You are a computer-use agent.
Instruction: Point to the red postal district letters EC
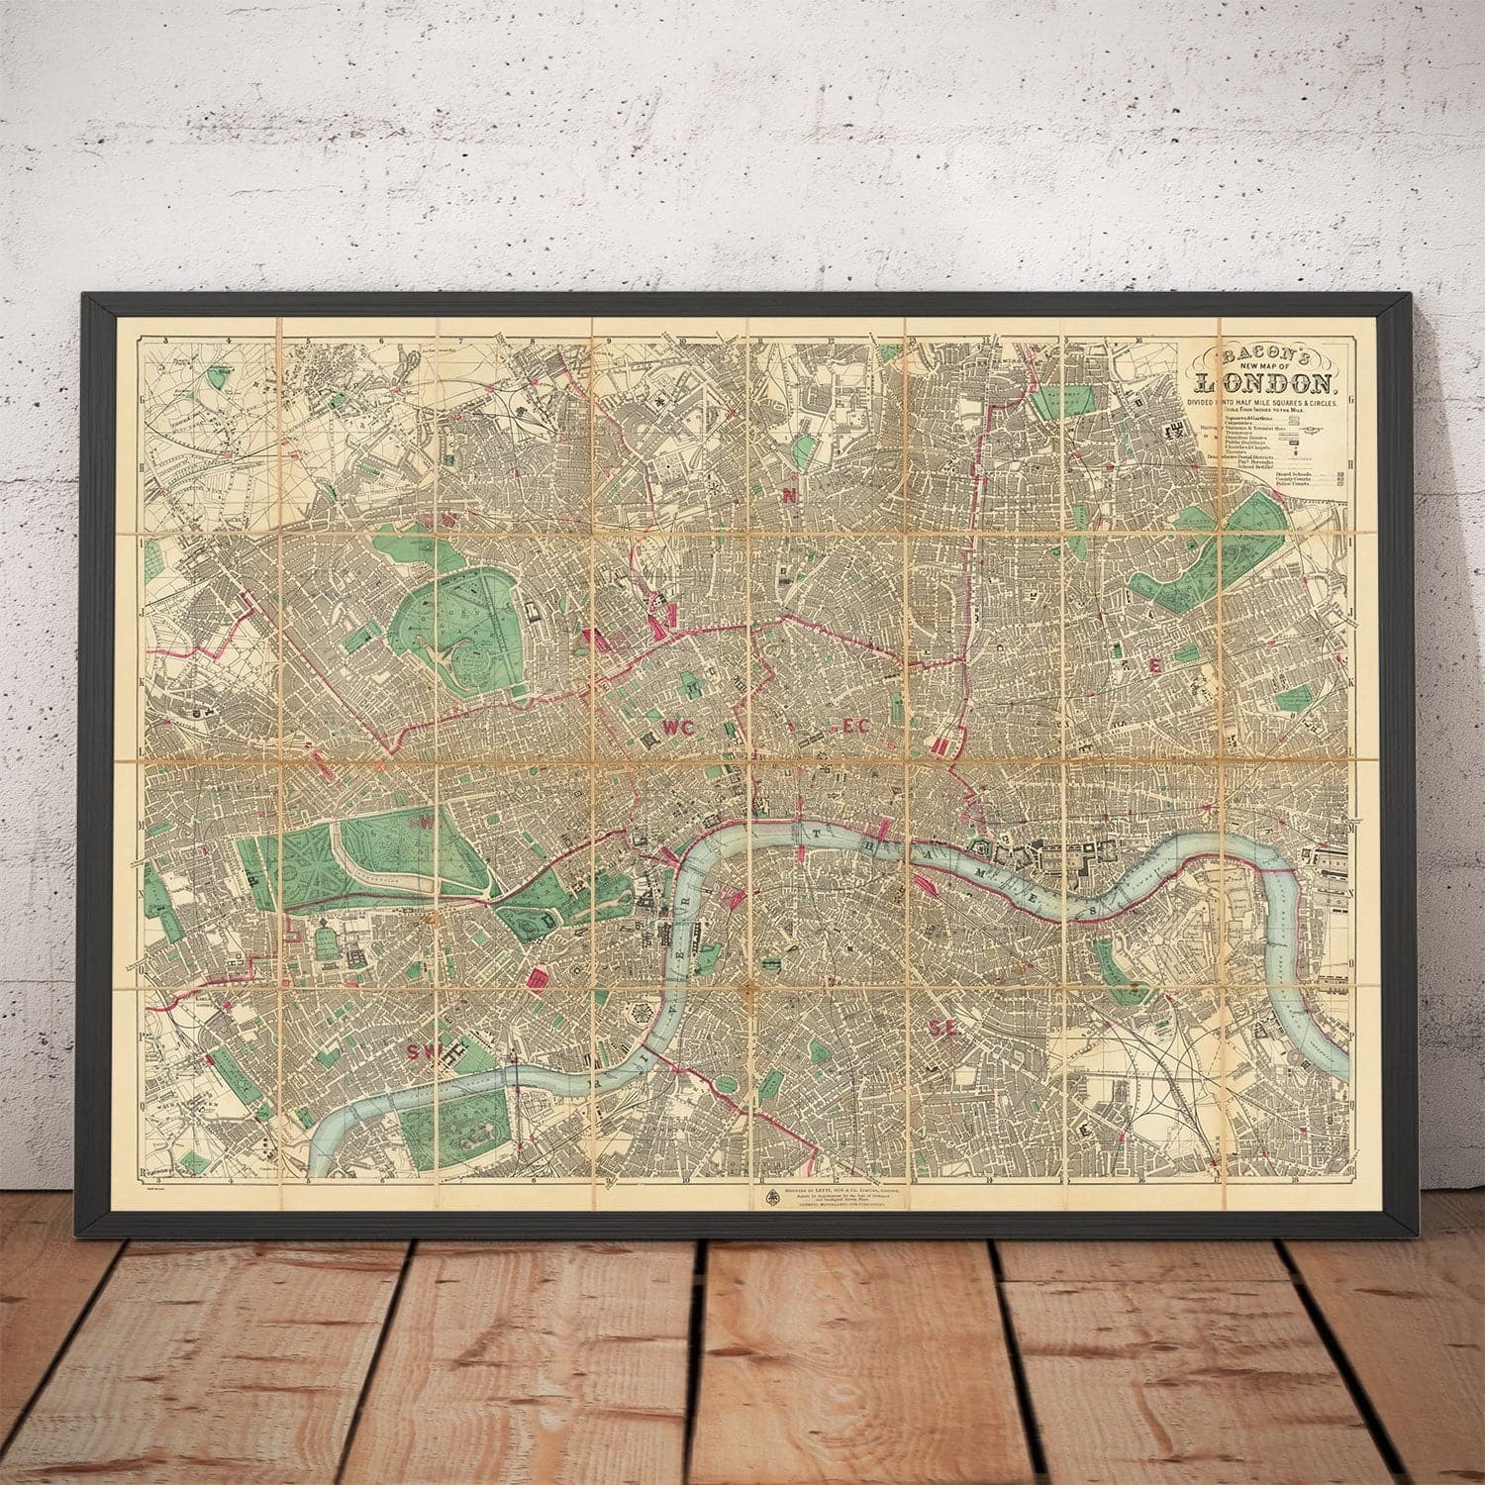[x=853, y=727]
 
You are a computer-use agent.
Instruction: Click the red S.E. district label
[x=944, y=1029]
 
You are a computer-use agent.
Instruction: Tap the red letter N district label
[x=789, y=497]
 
